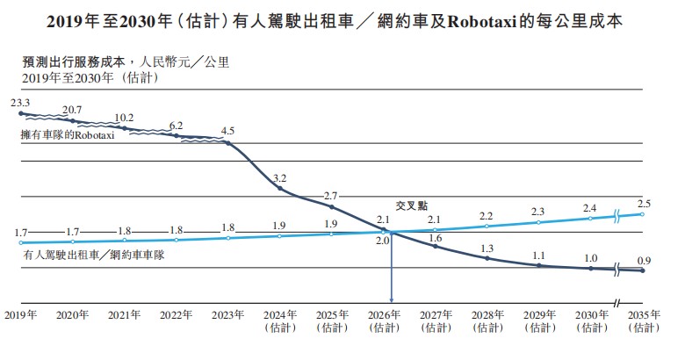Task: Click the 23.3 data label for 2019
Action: click(20, 103)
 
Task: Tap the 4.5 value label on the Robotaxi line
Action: click(227, 131)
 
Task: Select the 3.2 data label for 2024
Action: click(280, 177)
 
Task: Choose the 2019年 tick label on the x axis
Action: click(19, 313)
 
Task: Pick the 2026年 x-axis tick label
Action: click(384, 313)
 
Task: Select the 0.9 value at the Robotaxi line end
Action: click(645, 260)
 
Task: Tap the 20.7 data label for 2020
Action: click(72, 110)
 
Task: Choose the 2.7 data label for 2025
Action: click(331, 195)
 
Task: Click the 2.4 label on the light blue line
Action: click(591, 207)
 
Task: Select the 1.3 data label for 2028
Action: click(487, 248)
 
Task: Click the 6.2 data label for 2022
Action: click(176, 125)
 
